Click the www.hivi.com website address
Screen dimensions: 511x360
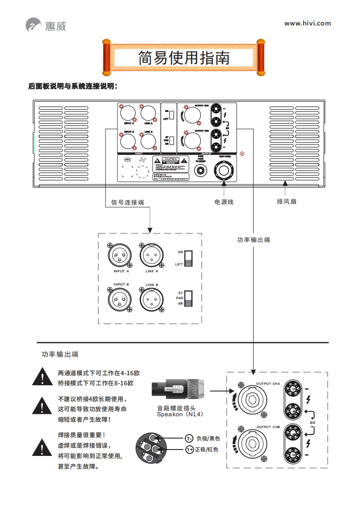[x=308, y=23]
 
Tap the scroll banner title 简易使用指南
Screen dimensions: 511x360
[x=184, y=58]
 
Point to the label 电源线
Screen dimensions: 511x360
[x=224, y=201]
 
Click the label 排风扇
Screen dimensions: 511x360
[x=287, y=201]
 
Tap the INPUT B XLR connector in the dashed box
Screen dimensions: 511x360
[x=119, y=300]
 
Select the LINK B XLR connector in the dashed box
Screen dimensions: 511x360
[x=152, y=300]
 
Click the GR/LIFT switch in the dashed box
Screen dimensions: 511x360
[x=188, y=258]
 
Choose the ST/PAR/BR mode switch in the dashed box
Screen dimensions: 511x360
[x=188, y=298]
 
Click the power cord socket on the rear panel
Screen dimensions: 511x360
[x=223, y=172]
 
